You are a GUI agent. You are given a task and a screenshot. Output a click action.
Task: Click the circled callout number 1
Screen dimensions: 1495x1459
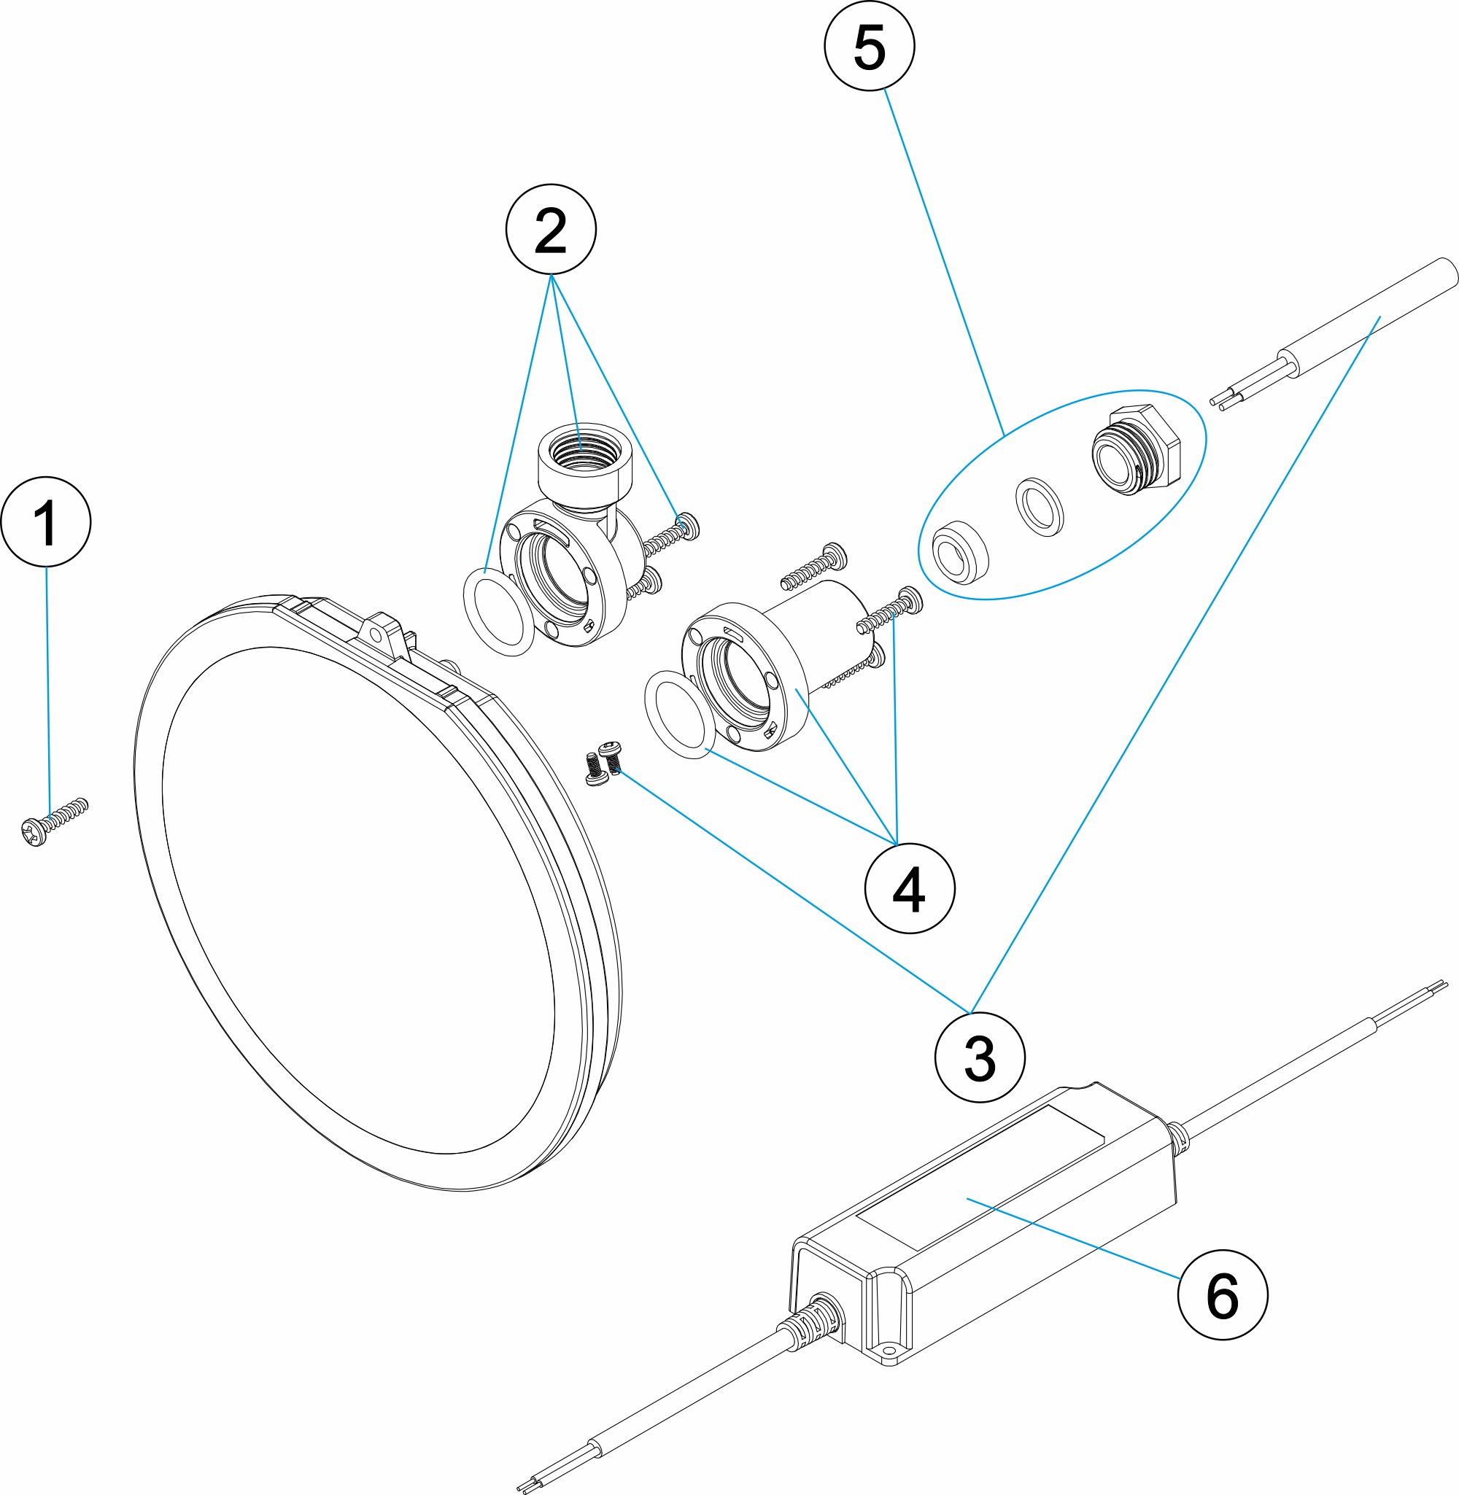point(46,521)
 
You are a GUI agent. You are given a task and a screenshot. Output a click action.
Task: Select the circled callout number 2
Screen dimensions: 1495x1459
point(550,229)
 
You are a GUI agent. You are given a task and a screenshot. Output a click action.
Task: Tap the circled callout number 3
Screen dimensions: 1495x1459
point(979,1057)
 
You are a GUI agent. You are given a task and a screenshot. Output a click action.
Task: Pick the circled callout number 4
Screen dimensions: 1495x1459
point(909,889)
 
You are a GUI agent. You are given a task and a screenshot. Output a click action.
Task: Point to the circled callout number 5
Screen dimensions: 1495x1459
point(869,46)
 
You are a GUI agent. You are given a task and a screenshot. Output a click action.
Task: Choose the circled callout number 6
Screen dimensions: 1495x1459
point(1221,1295)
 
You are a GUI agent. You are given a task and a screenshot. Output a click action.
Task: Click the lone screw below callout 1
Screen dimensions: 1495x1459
point(54,821)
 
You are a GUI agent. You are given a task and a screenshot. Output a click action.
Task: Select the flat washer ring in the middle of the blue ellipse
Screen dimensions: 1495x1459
point(1040,506)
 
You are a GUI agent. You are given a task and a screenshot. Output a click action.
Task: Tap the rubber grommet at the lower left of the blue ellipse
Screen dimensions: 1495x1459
point(959,551)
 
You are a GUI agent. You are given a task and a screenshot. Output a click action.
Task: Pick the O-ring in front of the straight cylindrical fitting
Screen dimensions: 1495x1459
point(680,714)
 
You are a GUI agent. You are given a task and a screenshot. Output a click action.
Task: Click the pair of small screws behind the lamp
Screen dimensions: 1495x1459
point(603,764)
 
